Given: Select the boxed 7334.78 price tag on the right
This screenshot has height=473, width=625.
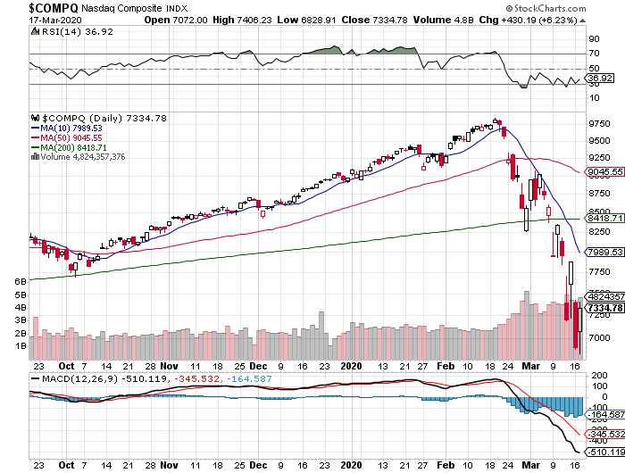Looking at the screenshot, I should pos(604,308).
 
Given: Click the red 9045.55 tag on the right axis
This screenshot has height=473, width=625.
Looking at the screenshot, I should pos(604,171).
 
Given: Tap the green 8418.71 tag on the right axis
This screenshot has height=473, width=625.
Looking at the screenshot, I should pos(604,217).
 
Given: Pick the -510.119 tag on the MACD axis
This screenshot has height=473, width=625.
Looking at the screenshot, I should pos(604,452).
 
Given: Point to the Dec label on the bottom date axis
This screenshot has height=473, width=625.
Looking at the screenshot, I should pos(259,367).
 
